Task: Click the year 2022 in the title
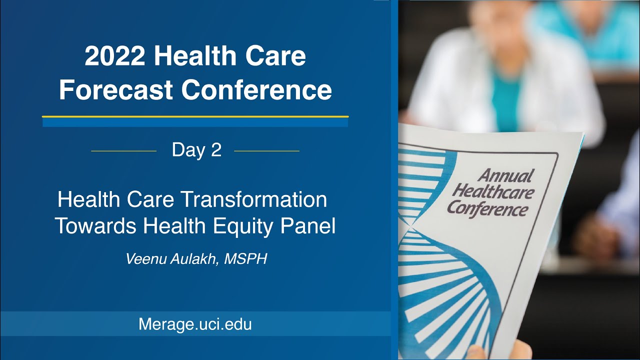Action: pos(115,56)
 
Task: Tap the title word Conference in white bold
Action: pos(256,90)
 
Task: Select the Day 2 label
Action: pos(196,150)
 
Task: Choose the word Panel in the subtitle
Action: pos(307,226)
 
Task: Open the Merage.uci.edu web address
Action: pos(195,324)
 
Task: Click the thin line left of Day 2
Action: pos(123,150)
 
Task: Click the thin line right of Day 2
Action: pos(266,150)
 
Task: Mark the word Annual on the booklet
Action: pos(505,176)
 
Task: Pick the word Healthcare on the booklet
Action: pos(493,191)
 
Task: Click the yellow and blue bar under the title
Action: pos(195,121)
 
